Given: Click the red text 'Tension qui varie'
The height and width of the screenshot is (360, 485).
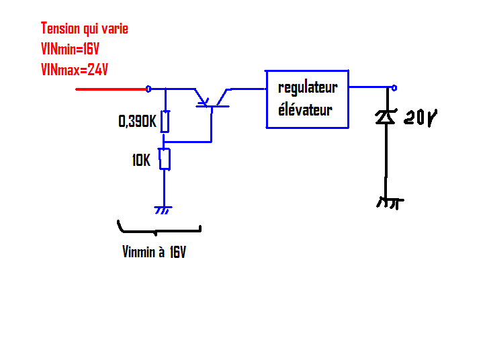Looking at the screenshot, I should coord(84,29).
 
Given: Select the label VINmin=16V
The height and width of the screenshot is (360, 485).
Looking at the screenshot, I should coord(70,49).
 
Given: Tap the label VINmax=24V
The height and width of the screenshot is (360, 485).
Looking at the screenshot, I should coord(74,69).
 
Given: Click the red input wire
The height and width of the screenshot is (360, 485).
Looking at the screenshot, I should coord(111,89).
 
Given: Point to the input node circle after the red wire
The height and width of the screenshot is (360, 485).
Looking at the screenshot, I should coord(148,89).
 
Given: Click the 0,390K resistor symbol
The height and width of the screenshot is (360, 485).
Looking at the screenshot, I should coord(165,122).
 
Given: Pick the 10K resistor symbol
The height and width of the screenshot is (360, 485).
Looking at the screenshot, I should coord(165,159).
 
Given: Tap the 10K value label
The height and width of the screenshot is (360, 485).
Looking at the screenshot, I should coord(141,161).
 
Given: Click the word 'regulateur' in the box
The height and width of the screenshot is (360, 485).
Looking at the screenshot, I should coord(308,87).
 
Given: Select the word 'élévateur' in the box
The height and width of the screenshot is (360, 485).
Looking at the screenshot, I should coord(305,110).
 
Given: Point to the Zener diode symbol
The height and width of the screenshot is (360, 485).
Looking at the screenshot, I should coord(386,117).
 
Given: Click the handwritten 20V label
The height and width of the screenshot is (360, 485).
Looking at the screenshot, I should coord(420,119).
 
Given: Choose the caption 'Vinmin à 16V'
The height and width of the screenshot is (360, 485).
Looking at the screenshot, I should coord(154,253).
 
